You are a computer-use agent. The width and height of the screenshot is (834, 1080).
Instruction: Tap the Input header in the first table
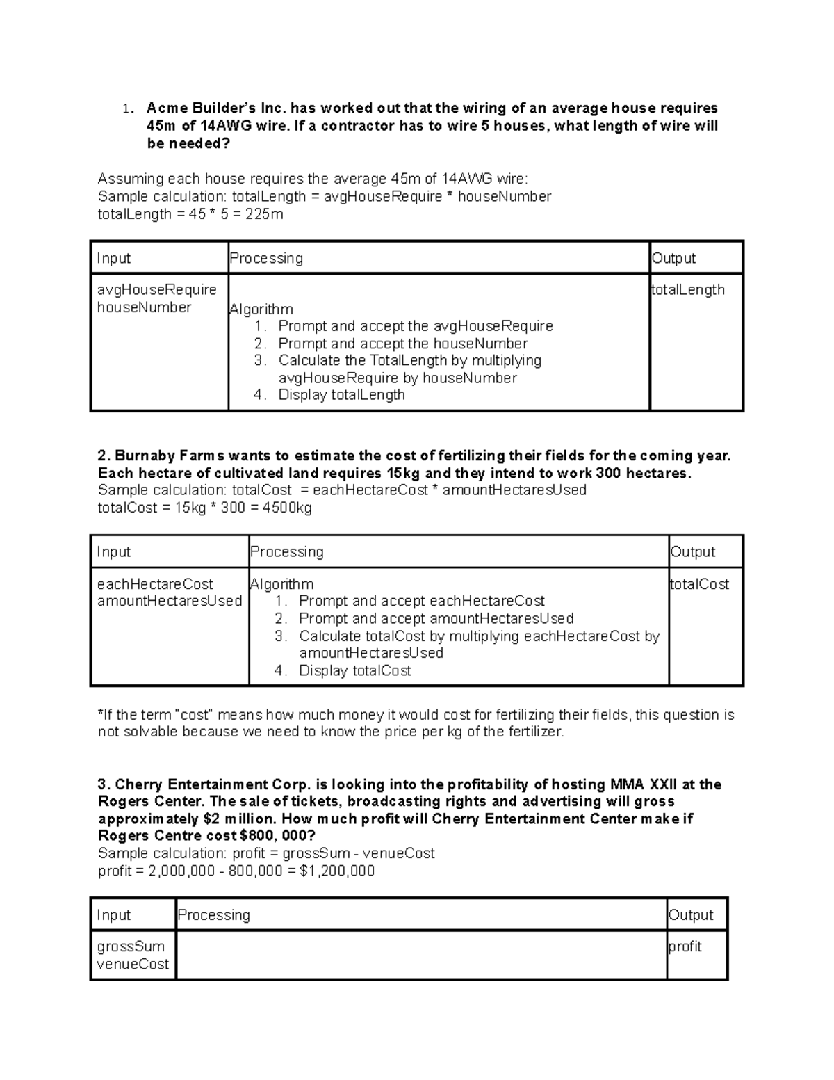click(x=114, y=259)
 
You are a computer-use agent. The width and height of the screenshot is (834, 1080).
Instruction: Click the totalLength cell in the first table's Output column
click(x=688, y=290)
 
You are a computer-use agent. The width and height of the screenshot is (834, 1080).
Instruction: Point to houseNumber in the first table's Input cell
click(x=144, y=307)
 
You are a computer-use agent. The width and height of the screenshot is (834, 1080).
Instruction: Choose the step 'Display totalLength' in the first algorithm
click(x=341, y=395)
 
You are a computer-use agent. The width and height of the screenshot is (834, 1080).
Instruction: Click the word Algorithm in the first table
click(x=261, y=309)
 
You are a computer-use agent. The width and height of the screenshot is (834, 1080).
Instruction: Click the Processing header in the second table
click(x=287, y=552)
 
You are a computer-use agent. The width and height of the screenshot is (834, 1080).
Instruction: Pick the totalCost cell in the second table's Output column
click(x=699, y=585)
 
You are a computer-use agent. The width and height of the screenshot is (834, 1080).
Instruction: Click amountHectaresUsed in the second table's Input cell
click(x=170, y=601)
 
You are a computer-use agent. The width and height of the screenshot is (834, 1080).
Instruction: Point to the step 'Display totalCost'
click(x=354, y=671)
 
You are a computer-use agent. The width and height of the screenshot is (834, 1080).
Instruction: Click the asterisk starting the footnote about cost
click(x=100, y=714)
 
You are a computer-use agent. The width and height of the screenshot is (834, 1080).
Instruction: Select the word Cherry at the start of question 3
click(x=139, y=785)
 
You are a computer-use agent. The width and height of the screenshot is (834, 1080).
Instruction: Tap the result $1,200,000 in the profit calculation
click(x=337, y=871)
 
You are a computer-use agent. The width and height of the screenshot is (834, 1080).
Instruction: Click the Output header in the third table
click(x=691, y=916)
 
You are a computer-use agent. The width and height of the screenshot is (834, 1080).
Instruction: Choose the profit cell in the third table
click(x=685, y=947)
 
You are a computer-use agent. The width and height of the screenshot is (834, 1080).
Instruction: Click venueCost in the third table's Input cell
click(x=133, y=965)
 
